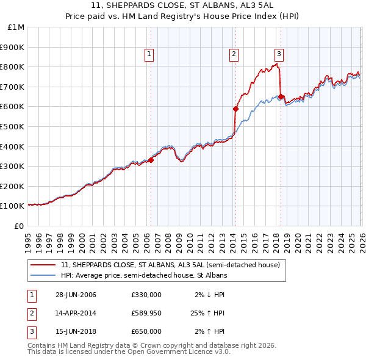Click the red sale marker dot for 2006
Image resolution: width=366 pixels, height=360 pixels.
[x=151, y=160]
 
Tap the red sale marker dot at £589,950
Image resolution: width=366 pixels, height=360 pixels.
[x=235, y=109]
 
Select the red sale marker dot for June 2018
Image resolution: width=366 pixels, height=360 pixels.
[x=280, y=96]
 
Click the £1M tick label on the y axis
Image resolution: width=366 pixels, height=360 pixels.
[x=16, y=27]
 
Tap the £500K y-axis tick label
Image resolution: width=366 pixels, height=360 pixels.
[x=13, y=127]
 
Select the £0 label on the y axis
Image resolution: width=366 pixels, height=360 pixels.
[x=20, y=226]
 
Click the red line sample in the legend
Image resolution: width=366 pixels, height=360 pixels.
[x=44, y=265]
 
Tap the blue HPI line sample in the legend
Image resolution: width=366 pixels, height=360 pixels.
[x=44, y=276]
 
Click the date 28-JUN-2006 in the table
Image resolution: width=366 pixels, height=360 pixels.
[x=76, y=295]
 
